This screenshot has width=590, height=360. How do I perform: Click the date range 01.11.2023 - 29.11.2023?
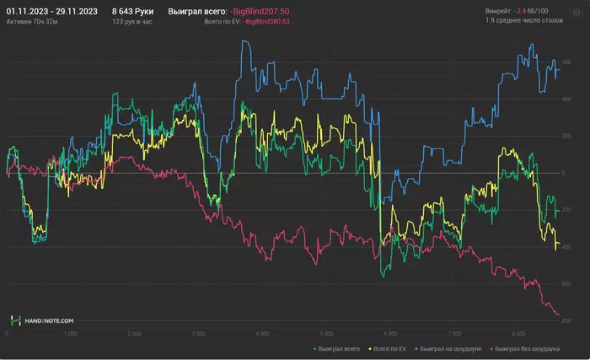(51, 11)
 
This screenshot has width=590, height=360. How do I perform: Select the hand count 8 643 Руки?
(133, 11)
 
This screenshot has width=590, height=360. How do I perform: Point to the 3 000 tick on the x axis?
(198, 334)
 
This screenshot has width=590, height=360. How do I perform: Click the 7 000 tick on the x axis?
(455, 334)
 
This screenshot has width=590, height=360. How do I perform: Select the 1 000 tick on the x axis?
(71, 334)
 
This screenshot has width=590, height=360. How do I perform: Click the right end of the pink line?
(559, 316)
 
